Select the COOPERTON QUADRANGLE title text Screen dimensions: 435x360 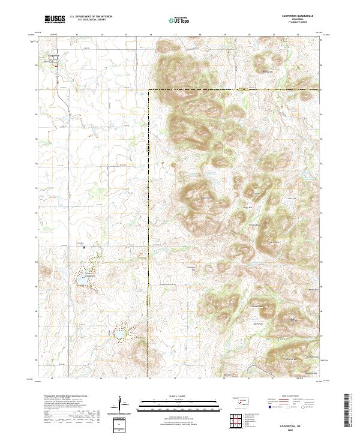(297, 16)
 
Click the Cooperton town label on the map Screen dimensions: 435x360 (55, 56)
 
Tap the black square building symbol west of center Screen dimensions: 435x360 (84, 246)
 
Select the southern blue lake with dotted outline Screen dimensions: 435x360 (120, 331)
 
